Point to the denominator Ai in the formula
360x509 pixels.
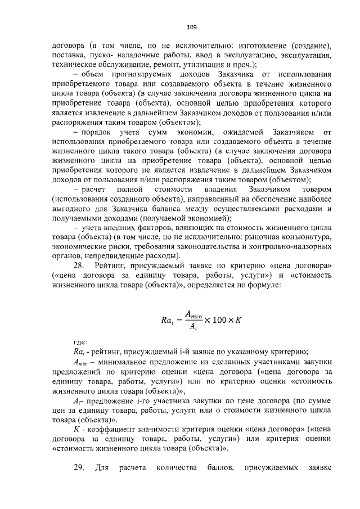(192, 328)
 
